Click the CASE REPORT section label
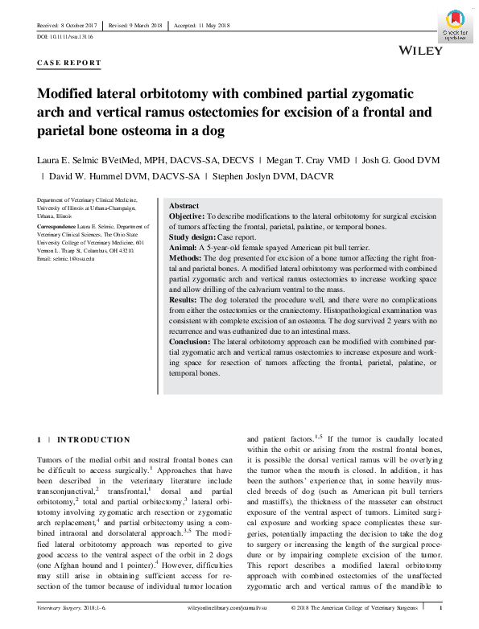click(x=70, y=63)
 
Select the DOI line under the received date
click(x=65, y=37)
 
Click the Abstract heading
click(x=184, y=207)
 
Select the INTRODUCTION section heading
click(x=93, y=440)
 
